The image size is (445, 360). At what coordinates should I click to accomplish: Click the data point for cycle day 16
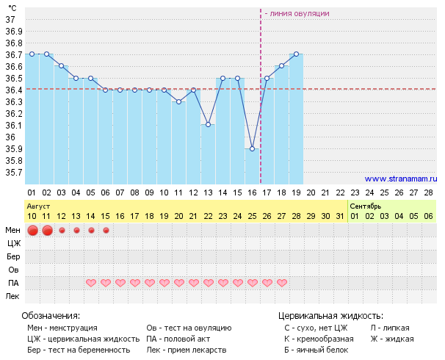click(252, 148)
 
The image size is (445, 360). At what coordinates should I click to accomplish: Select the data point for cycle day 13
click(208, 125)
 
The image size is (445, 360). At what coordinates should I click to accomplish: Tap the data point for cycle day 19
click(296, 54)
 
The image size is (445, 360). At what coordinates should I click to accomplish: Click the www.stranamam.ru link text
click(400, 179)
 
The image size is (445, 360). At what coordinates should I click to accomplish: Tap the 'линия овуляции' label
click(297, 13)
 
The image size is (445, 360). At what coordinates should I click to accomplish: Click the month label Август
click(38, 206)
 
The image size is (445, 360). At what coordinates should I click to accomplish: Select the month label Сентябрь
click(365, 206)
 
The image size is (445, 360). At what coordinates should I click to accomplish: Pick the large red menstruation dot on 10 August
click(32, 231)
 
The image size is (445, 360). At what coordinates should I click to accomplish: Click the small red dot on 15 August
click(106, 231)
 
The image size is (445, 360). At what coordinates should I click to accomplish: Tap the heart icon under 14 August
click(91, 283)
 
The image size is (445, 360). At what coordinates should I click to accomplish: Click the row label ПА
click(13, 283)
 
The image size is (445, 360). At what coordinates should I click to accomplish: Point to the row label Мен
click(13, 231)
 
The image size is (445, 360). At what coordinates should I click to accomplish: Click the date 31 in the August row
click(340, 216)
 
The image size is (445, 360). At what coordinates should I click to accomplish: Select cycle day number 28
click(428, 192)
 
